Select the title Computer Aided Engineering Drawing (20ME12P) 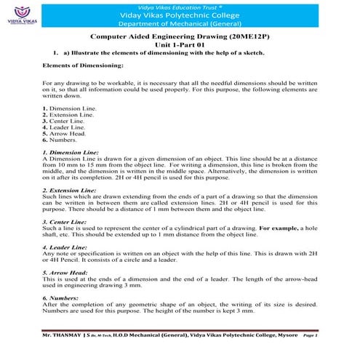(x=179, y=35)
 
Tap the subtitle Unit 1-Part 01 (x=179, y=44)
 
